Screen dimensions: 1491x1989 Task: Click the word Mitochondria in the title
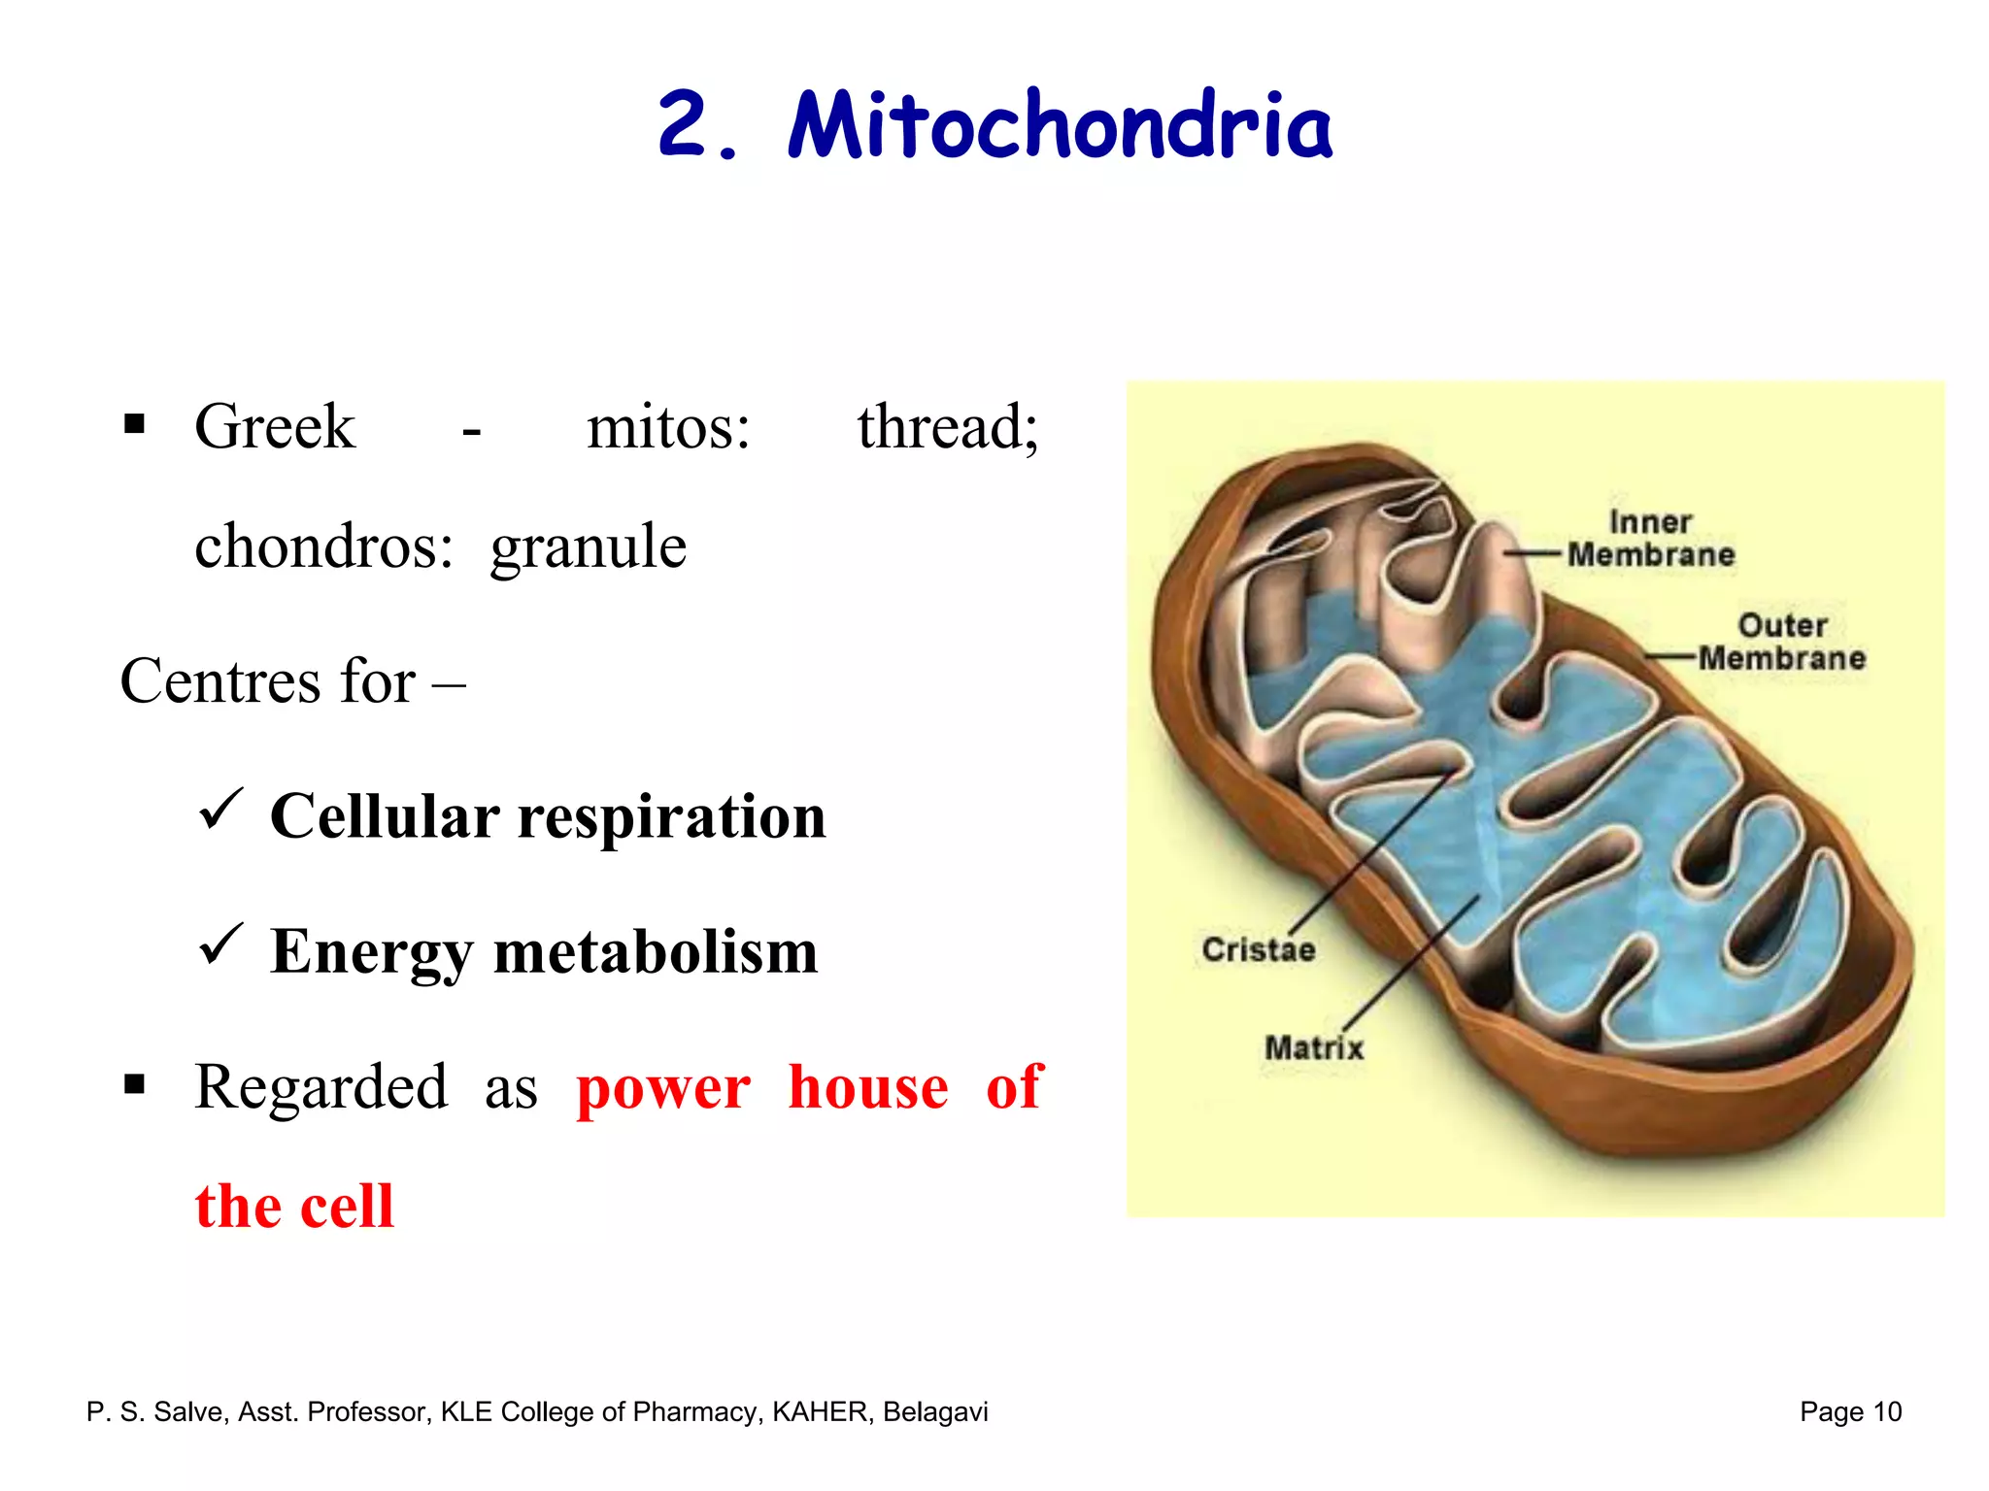pos(1060,126)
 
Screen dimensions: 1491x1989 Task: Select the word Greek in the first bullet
pos(275,426)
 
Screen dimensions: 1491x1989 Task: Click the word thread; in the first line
pos(948,426)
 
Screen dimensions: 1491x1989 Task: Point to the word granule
pos(588,547)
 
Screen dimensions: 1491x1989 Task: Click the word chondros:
pos(323,547)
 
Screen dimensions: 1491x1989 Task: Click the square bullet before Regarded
pos(135,1083)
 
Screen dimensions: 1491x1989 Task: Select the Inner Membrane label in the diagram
pos(1650,539)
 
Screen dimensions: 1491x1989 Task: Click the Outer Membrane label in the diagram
pos(1781,642)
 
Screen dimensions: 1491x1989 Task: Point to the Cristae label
pos(1258,949)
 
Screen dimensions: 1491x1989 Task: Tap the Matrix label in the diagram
pos(1313,1048)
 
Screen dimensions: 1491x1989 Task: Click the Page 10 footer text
pos(1850,1411)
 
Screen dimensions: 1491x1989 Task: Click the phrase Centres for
pos(268,681)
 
